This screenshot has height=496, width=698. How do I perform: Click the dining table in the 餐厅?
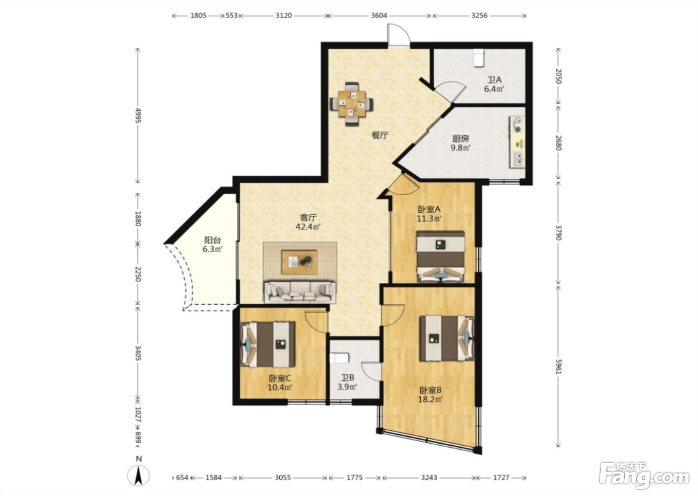[x=352, y=104]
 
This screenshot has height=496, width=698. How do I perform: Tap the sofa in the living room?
[x=300, y=292]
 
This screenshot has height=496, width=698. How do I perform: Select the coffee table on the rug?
[x=299, y=262]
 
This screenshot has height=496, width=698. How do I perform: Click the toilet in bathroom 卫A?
[x=479, y=58]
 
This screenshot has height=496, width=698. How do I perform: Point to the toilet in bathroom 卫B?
[x=339, y=358]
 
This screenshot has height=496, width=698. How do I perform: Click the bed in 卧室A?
[x=441, y=256]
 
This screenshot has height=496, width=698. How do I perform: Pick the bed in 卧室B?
[x=447, y=338]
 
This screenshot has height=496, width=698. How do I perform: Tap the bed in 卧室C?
[x=268, y=345]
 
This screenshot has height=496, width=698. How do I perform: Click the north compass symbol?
[x=139, y=475]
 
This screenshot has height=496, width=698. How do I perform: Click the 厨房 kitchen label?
[x=461, y=138]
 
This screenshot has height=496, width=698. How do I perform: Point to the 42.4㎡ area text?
[x=308, y=227]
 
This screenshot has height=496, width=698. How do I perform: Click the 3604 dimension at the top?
[x=379, y=15]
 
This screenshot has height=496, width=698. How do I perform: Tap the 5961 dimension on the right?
[x=558, y=367]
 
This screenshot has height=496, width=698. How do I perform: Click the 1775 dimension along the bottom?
[x=354, y=478]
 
